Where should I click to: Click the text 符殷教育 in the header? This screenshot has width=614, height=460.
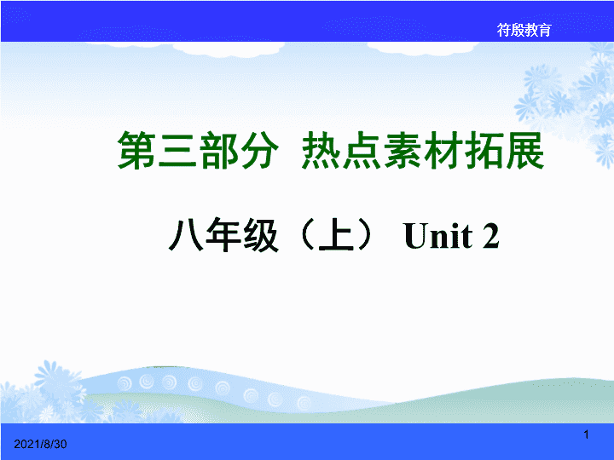[524, 30]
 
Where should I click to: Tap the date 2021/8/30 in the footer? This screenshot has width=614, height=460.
[40, 444]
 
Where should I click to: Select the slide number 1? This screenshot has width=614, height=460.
[586, 434]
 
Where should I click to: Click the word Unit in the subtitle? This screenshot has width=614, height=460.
[438, 235]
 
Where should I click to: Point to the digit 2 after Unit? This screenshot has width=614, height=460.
[490, 235]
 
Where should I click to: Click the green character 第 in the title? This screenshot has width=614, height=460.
[137, 150]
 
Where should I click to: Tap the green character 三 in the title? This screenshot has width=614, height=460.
[177, 150]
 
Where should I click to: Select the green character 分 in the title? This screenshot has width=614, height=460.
[259, 150]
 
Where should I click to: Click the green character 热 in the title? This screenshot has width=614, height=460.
[321, 150]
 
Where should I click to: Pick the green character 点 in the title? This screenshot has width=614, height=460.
[362, 150]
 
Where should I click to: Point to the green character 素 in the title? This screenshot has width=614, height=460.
[403, 150]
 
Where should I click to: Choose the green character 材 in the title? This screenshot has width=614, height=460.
[443, 150]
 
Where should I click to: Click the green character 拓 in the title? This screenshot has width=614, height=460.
[484, 150]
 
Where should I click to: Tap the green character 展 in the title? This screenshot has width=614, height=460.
[524, 150]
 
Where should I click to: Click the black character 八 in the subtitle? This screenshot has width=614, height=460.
[186, 235]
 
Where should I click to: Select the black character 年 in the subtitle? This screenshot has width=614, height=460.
[223, 235]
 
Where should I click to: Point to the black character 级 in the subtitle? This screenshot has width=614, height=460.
[261, 235]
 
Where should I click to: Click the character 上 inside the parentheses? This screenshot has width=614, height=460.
[337, 235]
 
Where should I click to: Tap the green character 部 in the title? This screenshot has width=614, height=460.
[218, 150]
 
